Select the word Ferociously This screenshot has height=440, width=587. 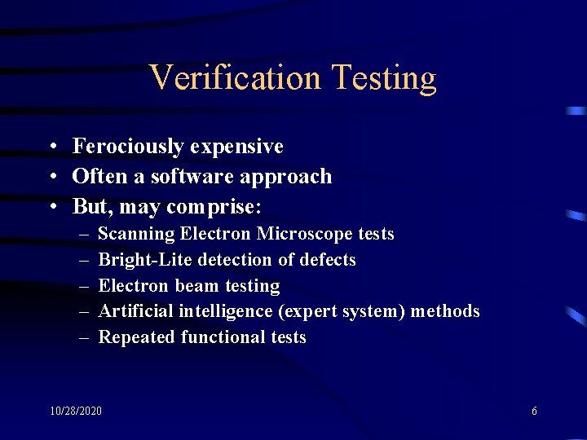(128, 147)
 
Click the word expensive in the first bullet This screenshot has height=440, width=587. (237, 147)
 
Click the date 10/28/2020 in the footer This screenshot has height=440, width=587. (76, 411)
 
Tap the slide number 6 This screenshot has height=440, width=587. (534, 411)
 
